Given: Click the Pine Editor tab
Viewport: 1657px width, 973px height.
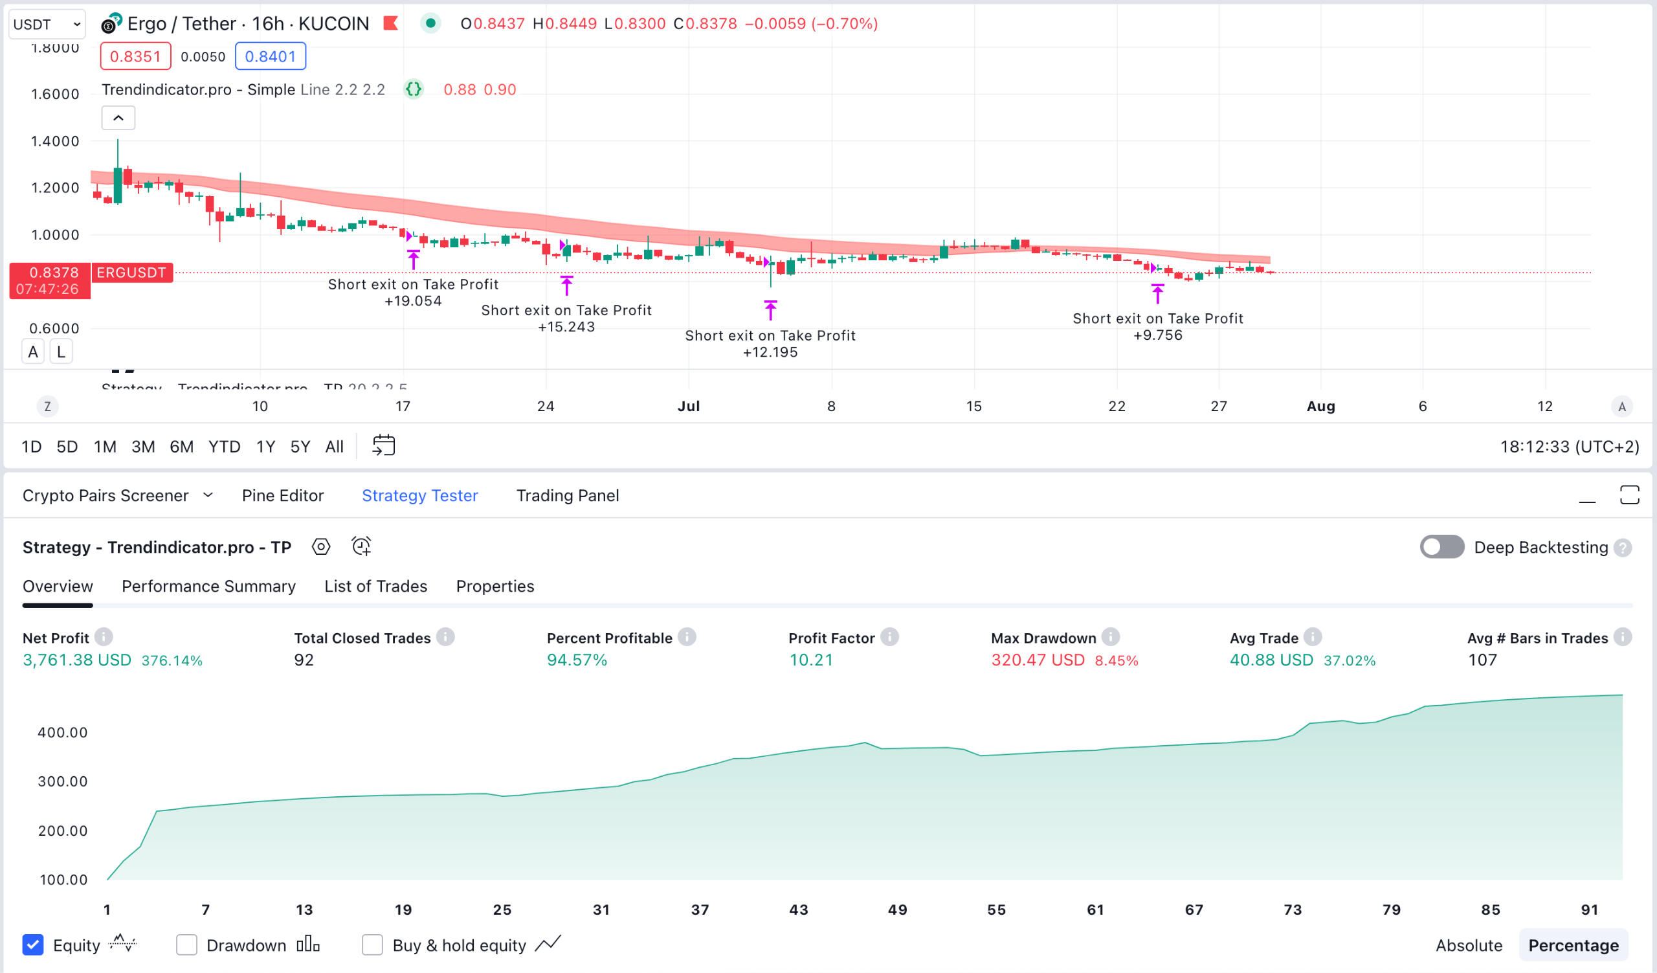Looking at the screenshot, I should click(x=282, y=495).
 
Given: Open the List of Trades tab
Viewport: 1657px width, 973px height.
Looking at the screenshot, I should click(x=375, y=586).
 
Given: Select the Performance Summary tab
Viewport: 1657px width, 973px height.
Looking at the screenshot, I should click(x=208, y=586).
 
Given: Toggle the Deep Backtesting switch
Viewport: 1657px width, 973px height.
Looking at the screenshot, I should click(x=1441, y=546).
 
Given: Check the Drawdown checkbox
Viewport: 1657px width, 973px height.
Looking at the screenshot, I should click(x=187, y=945).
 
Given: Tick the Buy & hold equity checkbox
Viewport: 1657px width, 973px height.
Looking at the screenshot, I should click(x=372, y=945).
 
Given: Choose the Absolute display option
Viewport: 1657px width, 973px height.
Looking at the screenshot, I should click(x=1468, y=945).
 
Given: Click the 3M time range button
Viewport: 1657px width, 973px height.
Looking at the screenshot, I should click(x=142, y=447).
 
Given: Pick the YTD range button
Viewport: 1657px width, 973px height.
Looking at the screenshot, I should click(x=223, y=447).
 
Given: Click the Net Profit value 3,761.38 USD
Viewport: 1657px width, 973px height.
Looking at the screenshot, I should click(x=77, y=660).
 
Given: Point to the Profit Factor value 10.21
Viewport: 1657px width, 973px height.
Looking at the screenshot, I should click(x=811, y=660).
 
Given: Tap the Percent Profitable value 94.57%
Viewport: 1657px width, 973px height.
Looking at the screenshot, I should click(x=577, y=660).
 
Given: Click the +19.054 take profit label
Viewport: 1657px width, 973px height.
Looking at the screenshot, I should click(x=413, y=301).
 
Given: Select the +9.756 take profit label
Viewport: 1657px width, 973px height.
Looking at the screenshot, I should click(x=1157, y=335).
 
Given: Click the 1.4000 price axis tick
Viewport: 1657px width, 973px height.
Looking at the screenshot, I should click(x=54, y=140).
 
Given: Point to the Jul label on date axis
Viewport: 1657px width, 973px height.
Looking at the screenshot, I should click(x=689, y=406).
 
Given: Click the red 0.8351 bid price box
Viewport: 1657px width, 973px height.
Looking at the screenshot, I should click(x=135, y=56).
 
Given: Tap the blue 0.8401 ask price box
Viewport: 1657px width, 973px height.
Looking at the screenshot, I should click(x=271, y=56).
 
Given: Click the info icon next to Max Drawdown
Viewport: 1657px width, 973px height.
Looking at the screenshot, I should click(x=1111, y=636).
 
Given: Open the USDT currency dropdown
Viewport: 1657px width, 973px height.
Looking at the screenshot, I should click(x=47, y=25).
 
